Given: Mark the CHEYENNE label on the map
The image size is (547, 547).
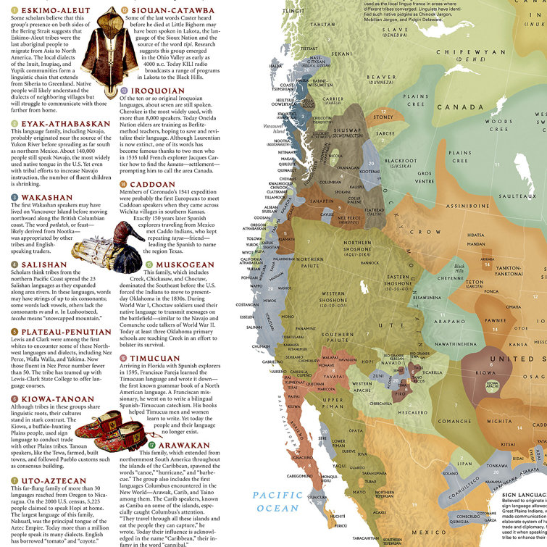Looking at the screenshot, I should pos(449,276).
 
